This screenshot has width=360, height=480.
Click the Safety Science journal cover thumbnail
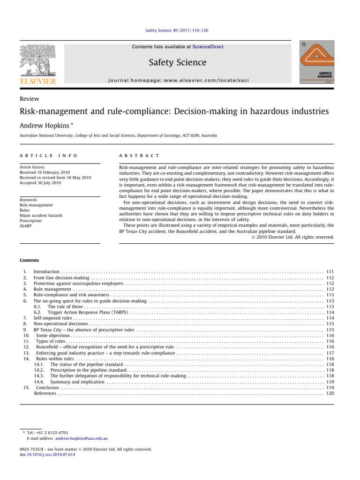pos(317,63)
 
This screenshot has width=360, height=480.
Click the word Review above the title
pos(29,99)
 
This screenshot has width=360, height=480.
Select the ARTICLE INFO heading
pos(48,155)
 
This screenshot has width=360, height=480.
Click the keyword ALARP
pos(26,225)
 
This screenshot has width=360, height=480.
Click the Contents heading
pos(29,260)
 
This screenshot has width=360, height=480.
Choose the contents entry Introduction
pos(46,272)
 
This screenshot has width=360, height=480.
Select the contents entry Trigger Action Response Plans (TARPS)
pos(88,312)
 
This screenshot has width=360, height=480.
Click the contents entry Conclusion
pos(47,388)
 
